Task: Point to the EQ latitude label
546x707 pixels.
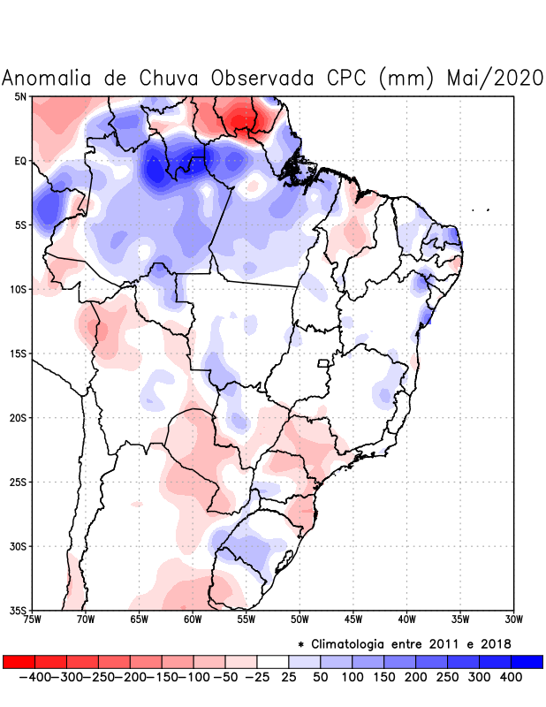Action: pyautogui.click(x=20, y=161)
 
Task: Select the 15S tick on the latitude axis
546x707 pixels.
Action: pyautogui.click(x=19, y=353)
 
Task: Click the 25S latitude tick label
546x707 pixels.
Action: pyautogui.click(x=19, y=483)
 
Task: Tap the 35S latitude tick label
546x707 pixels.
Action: pyautogui.click(x=19, y=611)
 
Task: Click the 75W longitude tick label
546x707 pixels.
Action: pyautogui.click(x=33, y=620)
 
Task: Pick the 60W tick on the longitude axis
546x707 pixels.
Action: pyautogui.click(x=193, y=620)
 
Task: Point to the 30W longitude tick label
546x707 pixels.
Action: pyautogui.click(x=513, y=620)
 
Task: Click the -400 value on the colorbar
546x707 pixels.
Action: pyautogui.click(x=34, y=677)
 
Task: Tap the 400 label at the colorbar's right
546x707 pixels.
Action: pyautogui.click(x=511, y=677)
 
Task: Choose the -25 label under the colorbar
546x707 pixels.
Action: pyautogui.click(x=257, y=677)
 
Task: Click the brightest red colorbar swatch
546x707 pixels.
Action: pyautogui.click(x=19, y=662)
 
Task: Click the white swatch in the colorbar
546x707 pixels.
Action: pyautogui.click(x=273, y=662)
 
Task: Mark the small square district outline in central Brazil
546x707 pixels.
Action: pyautogui.click(x=323, y=362)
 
